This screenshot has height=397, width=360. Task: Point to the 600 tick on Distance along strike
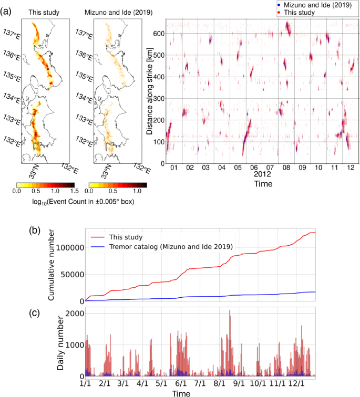(156, 34)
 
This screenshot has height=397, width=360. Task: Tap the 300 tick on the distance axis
(156, 99)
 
